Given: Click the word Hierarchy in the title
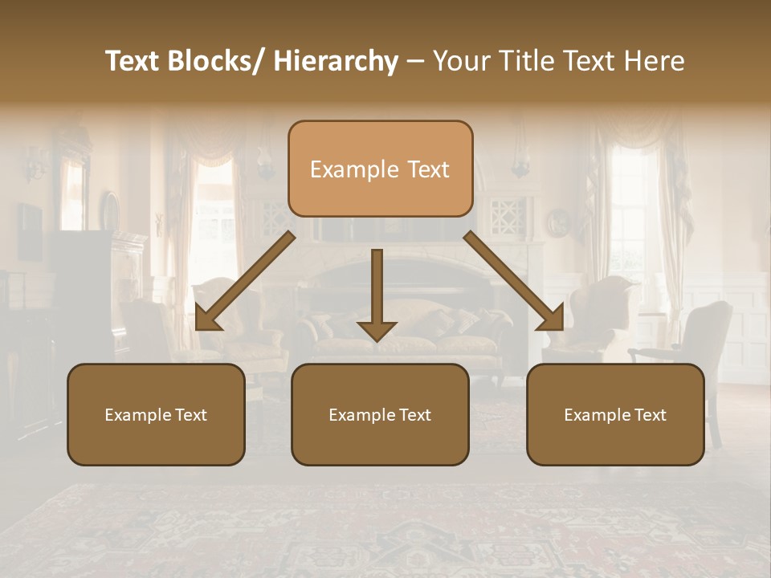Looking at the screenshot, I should coord(336,61).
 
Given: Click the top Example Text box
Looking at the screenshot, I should coord(380,169).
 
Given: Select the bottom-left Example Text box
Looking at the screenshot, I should coord(156,414).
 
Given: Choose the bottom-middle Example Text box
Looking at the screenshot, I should coord(380,414).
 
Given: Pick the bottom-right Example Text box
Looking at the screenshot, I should coord(615,414).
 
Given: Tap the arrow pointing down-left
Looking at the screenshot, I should coord(246,281).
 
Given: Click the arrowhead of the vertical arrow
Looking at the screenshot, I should coord(377,330).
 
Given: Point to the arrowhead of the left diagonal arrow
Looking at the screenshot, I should coord(207,319).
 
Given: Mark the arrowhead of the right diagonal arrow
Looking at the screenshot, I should coord(552,319).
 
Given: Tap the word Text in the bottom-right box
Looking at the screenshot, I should coord(650,415).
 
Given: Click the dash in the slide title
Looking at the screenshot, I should coord(415,61).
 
